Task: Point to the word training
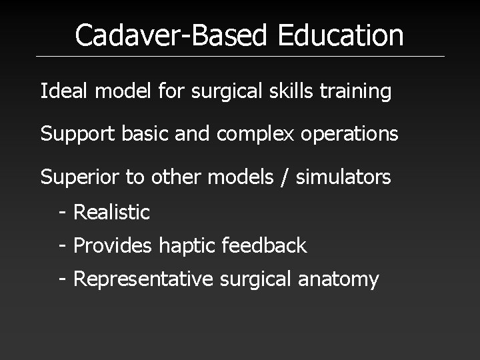pos(358,92)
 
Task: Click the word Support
pos(79,135)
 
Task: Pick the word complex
pos(251,135)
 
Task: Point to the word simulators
pos(342,178)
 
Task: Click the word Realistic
pos(111,212)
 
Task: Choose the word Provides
pos(114,245)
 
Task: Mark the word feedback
pos(266,245)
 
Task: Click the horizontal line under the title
pos(240,56)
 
